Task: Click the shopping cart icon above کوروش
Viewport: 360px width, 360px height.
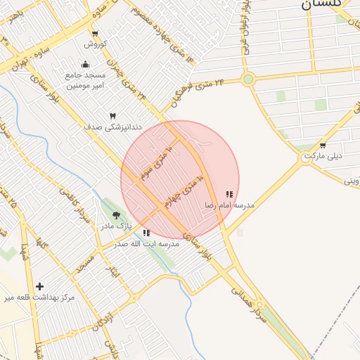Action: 95,34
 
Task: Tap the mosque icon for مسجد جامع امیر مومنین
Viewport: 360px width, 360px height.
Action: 95,65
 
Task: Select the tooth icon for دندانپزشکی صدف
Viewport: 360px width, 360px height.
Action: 112,115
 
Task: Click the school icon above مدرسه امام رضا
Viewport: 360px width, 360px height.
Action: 229,194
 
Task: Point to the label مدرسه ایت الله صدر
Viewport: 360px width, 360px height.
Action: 147,243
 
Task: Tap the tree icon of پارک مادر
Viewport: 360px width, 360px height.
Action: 116,215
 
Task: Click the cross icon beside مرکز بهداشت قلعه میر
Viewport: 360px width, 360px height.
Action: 39,286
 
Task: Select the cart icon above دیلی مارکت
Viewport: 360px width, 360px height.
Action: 323,146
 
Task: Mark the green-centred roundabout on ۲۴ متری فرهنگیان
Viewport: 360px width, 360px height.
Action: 247,79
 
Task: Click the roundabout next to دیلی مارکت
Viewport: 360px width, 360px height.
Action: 305,158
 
